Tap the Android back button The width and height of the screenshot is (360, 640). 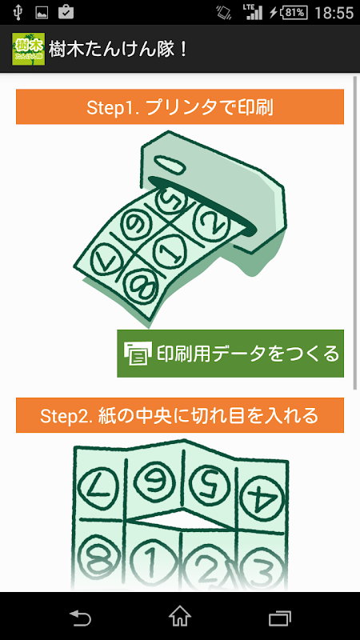80,617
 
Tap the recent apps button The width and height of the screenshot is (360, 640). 279,618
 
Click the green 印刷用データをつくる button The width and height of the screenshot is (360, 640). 230,354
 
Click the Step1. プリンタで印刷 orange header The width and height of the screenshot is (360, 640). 180,107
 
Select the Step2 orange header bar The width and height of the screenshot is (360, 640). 180,415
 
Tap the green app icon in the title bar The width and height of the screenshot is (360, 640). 29,49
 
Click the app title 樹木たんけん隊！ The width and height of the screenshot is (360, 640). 118,49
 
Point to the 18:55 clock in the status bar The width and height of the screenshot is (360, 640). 334,13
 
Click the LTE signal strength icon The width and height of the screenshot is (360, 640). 253,12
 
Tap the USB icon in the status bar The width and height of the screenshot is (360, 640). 18,12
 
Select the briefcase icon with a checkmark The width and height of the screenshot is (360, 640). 66,12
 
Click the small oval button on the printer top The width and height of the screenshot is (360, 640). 170,164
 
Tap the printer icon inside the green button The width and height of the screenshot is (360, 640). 138,354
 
